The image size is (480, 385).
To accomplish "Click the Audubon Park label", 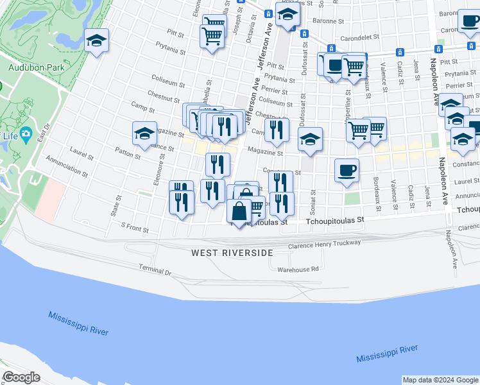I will click(34, 66).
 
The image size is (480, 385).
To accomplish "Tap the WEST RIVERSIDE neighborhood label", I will click(232, 253).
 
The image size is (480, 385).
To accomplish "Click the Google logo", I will click(21, 377).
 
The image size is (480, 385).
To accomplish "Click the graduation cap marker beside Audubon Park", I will click(96, 41).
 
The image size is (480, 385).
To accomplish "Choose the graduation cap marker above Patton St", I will click(145, 133).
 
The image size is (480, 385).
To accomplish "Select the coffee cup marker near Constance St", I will click(347, 171).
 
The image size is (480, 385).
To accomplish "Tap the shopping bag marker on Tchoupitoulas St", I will click(239, 211).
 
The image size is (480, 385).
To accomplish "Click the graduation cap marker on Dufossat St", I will click(310, 139).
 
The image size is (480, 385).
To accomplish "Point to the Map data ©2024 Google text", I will click(440, 380).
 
